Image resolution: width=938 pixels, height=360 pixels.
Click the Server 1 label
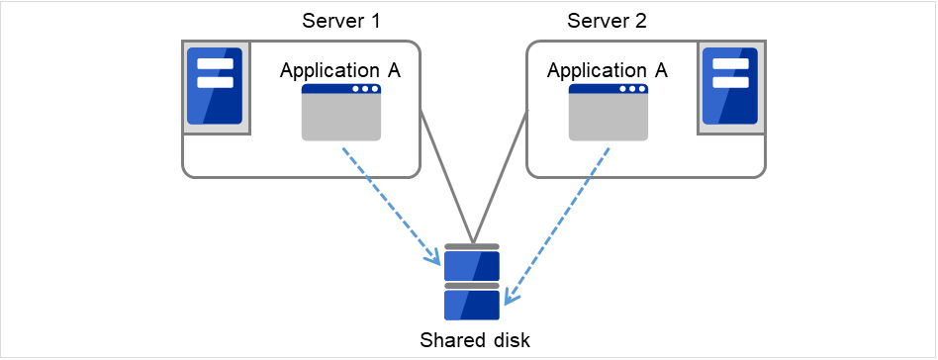(x=340, y=21)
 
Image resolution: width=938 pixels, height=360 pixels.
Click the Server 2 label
(x=607, y=21)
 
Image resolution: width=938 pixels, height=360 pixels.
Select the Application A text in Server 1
(x=340, y=70)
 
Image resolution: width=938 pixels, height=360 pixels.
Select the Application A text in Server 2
(x=607, y=70)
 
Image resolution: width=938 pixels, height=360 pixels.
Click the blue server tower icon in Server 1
(x=216, y=87)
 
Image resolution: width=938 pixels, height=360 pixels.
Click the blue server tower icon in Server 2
(x=730, y=87)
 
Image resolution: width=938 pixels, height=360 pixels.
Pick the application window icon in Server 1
(x=341, y=113)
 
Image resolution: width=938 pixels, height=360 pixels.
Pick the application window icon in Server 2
(x=608, y=113)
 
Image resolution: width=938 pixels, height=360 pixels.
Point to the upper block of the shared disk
(x=472, y=265)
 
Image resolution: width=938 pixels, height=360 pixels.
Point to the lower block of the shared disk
(x=472, y=304)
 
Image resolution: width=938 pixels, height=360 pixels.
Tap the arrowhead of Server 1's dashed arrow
(x=434, y=259)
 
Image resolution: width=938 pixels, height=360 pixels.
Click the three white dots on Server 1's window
(x=364, y=89)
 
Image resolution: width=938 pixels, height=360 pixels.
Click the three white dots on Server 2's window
(x=630, y=89)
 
